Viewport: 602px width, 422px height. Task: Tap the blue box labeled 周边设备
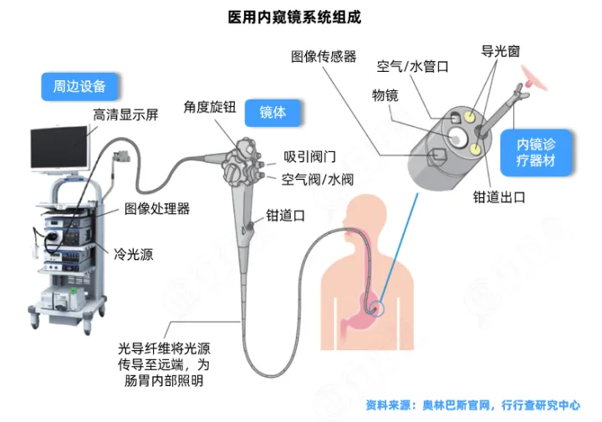pos(79,86)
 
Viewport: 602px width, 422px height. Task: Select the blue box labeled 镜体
pos(273,112)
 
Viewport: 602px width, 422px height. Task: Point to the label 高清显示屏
pos(124,115)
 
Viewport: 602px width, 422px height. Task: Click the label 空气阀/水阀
pos(319,179)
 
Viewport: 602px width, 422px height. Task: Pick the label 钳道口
pos(284,215)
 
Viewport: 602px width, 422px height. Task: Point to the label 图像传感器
pos(324,57)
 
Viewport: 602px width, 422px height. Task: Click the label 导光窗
pos(500,51)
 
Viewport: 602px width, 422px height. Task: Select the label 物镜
pos(385,95)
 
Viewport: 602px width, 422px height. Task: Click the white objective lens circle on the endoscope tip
pos(457,135)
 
